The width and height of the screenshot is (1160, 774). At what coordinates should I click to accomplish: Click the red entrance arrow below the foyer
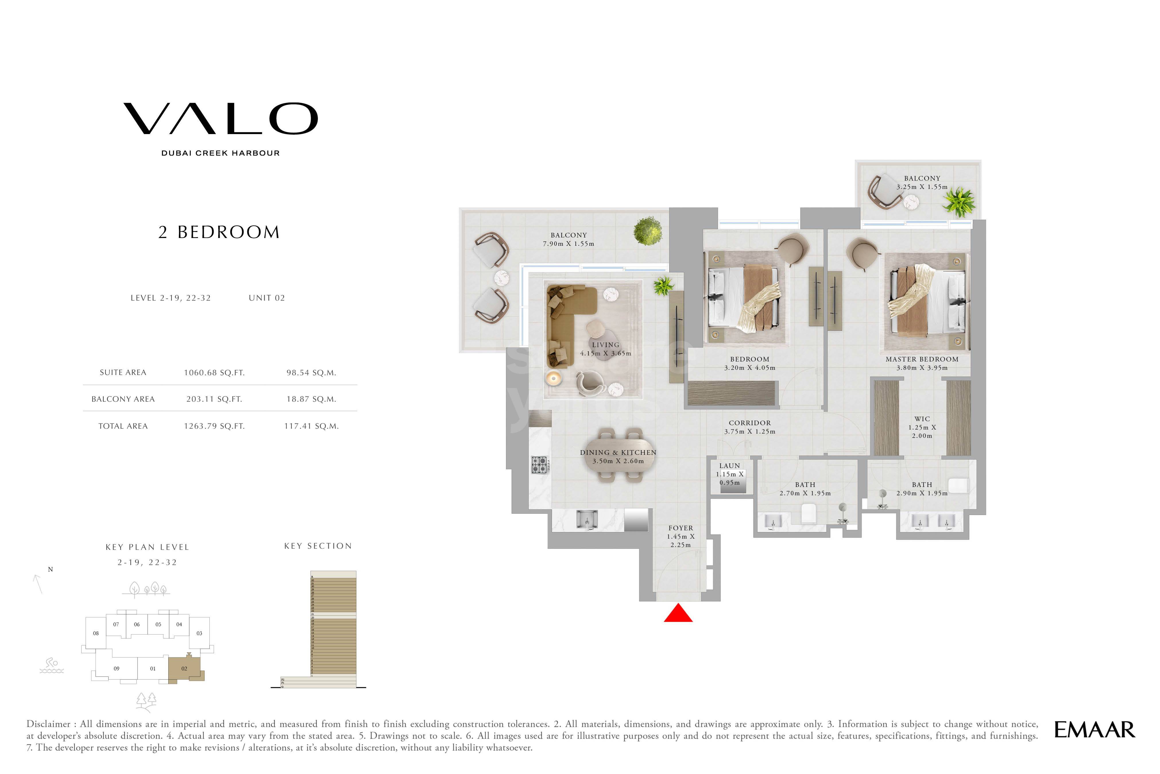click(x=678, y=614)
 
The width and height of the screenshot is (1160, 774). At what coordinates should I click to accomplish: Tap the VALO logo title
click(x=220, y=119)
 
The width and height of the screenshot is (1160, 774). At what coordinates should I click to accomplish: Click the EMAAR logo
click(x=1094, y=730)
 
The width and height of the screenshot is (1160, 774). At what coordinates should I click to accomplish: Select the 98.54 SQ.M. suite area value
click(x=311, y=373)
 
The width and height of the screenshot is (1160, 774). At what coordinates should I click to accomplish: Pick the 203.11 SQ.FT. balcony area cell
click(x=214, y=399)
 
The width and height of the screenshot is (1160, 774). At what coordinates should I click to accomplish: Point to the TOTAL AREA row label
click(x=123, y=426)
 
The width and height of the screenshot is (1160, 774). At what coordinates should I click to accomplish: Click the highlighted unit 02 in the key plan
click(x=184, y=669)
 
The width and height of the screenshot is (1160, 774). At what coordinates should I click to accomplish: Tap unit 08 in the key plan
click(x=96, y=633)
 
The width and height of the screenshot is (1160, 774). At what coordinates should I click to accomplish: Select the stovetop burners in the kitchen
click(x=539, y=465)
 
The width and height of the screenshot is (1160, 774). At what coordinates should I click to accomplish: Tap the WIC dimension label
click(x=922, y=427)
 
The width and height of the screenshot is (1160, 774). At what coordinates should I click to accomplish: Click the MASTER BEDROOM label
click(x=922, y=359)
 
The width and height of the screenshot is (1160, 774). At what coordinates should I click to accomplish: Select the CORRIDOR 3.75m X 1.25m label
click(x=749, y=427)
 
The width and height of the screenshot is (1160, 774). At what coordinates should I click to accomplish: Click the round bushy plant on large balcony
click(x=648, y=231)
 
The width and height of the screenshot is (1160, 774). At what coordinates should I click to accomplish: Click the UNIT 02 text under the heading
click(x=266, y=298)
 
